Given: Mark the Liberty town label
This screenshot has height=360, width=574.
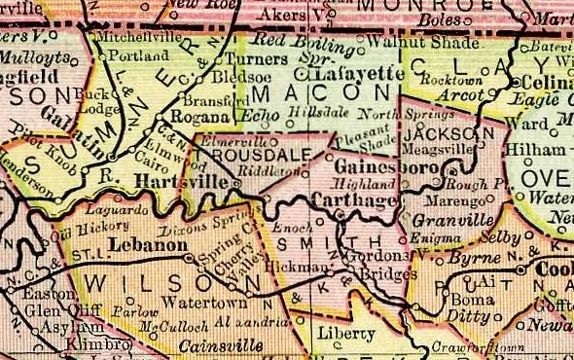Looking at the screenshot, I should pos(346,334).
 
